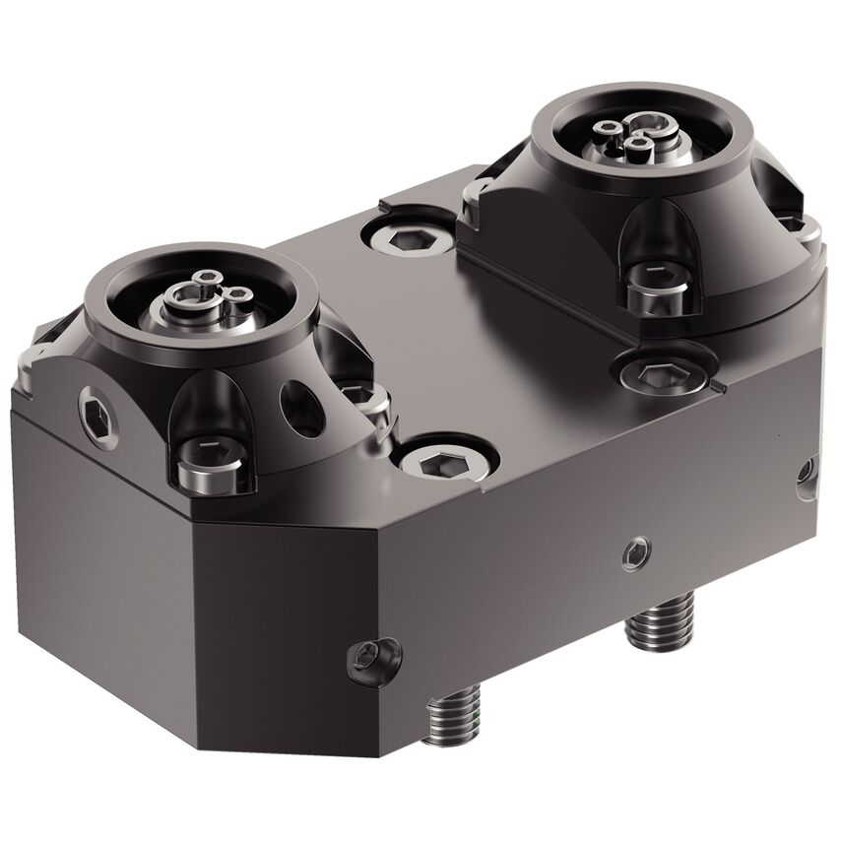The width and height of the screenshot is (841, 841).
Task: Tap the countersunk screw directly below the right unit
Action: (650, 375)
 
